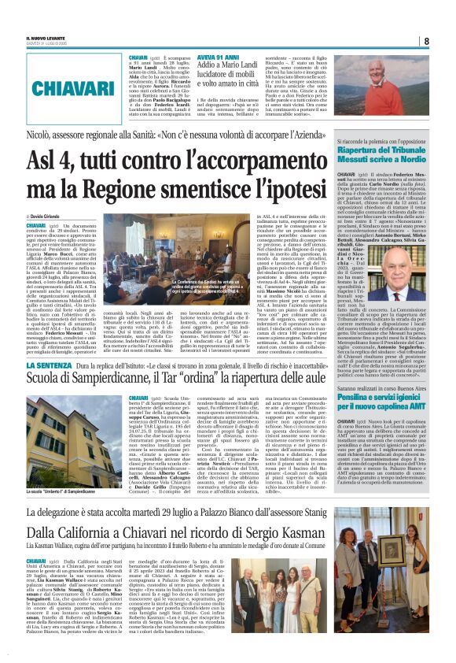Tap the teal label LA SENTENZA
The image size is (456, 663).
click(x=50, y=344)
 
